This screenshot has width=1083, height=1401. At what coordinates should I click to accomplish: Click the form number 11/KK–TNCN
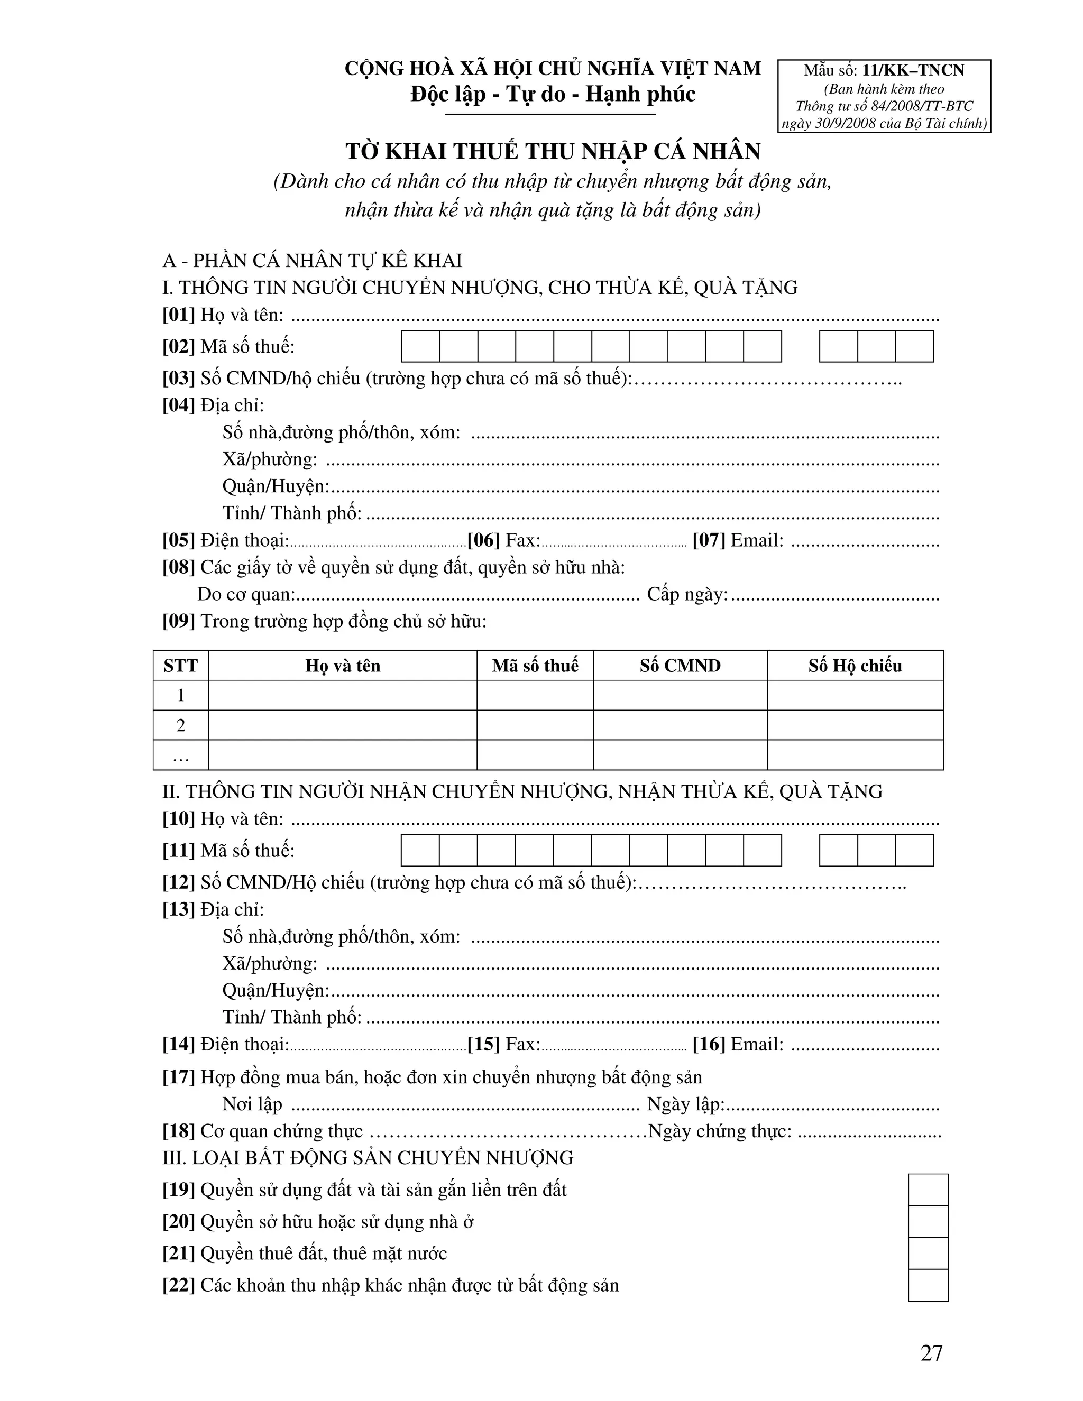pyautogui.click(x=912, y=70)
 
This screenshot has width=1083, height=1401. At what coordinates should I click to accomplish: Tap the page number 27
pyautogui.click(x=931, y=1353)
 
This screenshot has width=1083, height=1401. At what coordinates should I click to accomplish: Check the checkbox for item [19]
pyautogui.click(x=928, y=1190)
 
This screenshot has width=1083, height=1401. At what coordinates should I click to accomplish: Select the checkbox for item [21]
pyautogui.click(x=928, y=1253)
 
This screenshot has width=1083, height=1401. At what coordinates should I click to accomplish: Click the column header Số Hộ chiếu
pyautogui.click(x=855, y=666)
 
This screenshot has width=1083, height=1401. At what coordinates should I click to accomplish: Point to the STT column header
pyautogui.click(x=180, y=666)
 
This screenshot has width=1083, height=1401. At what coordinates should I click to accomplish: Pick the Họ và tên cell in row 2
pyautogui.click(x=343, y=725)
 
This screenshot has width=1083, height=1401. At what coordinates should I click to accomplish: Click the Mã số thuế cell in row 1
pyautogui.click(x=535, y=695)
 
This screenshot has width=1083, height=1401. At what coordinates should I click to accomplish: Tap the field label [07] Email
pyautogui.click(x=738, y=540)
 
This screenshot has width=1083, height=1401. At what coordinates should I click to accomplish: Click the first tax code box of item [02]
pyautogui.click(x=421, y=346)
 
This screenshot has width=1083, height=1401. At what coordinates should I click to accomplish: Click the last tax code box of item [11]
pyautogui.click(x=914, y=851)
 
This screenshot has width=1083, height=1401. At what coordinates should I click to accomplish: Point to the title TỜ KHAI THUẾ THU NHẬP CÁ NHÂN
pyautogui.click(x=553, y=151)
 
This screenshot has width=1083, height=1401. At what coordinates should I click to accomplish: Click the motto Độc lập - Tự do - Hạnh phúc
pyautogui.click(x=553, y=94)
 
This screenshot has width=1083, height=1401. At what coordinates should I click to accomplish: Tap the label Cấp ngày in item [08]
pyautogui.click(x=686, y=595)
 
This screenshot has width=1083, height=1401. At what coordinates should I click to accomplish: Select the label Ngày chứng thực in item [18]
pyautogui.click(x=720, y=1131)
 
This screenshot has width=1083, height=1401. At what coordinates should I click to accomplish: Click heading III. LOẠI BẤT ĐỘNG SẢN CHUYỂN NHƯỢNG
pyautogui.click(x=368, y=1158)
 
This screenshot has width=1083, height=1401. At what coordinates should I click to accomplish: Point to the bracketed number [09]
pyautogui.click(x=178, y=621)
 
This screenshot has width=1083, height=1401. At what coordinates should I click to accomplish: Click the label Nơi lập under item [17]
pyautogui.click(x=252, y=1104)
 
